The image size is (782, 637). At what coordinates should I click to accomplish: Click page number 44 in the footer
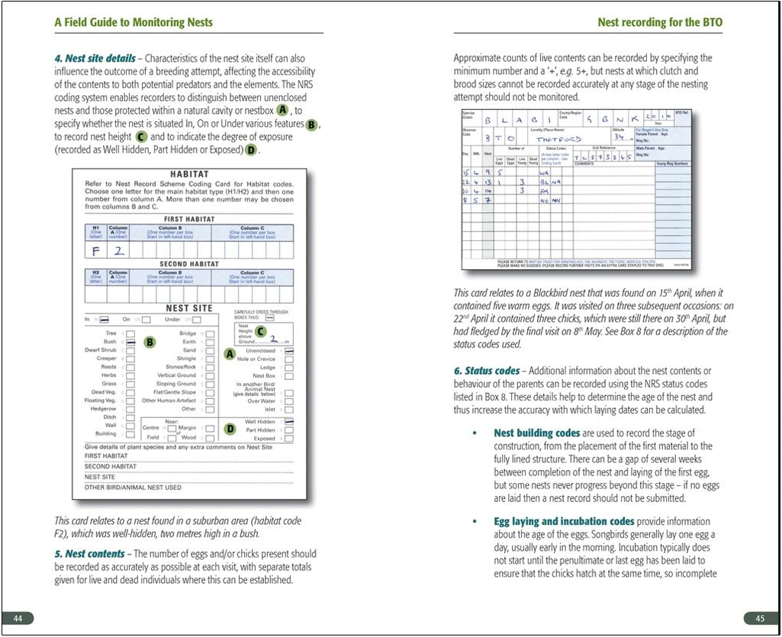coord(18,617)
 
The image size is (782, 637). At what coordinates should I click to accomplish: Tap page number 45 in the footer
coord(760,617)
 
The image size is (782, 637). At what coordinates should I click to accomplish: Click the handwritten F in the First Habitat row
coord(97,250)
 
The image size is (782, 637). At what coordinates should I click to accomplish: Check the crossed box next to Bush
coord(130,343)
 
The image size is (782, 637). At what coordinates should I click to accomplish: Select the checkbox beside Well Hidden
coord(289,421)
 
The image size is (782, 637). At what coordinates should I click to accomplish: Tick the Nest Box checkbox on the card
coord(289,376)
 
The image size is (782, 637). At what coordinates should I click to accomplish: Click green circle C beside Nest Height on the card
coord(260,331)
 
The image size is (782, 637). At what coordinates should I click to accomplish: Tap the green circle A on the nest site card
coord(230,354)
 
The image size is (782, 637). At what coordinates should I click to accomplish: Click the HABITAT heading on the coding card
coord(189,175)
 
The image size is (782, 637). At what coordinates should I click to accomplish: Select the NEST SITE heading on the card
coord(189,308)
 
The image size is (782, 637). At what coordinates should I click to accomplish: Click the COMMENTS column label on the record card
coord(584,163)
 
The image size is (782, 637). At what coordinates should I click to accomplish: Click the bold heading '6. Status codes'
coord(487,371)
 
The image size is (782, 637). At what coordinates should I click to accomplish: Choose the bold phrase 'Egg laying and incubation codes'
coord(564,522)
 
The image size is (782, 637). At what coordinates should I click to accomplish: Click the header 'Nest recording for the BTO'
coord(659,22)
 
